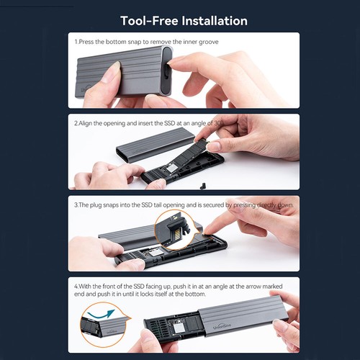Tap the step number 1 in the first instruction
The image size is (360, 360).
click(76, 42)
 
